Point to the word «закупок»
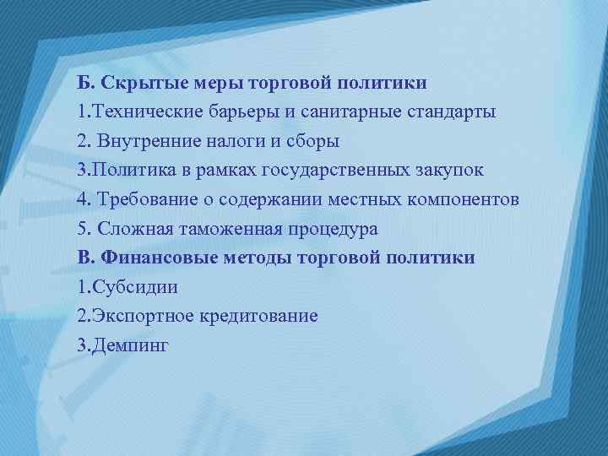pyautogui.click(x=450, y=170)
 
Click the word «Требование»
pyautogui.click(x=142, y=199)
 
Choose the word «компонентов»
pyautogui.click(x=471, y=199)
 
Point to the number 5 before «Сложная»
pyautogui.click(x=80, y=229)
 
